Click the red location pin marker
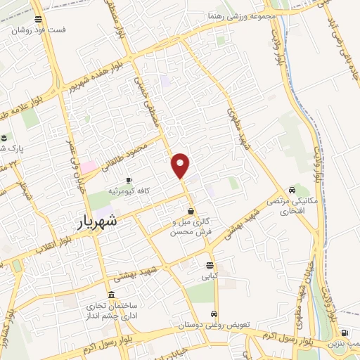(x=181, y=165)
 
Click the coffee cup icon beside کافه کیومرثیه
(x=129, y=181)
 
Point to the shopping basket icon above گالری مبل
(x=191, y=211)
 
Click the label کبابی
(x=210, y=277)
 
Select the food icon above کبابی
(x=210, y=265)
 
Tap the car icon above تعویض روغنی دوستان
(x=215, y=314)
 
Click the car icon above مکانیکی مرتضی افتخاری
(x=292, y=190)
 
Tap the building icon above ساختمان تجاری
(x=111, y=295)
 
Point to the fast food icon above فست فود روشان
(x=38, y=20)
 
